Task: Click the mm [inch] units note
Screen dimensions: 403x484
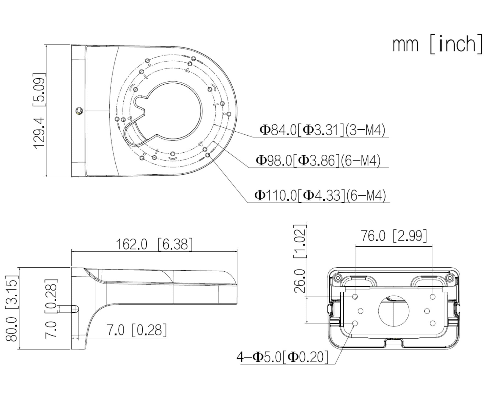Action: point(437,44)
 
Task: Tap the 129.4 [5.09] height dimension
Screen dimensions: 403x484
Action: point(39,110)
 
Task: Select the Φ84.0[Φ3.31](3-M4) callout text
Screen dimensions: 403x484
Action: point(322,130)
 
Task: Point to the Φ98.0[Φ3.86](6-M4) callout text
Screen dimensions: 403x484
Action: point(318,161)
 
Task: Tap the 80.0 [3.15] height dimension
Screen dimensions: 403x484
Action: point(12,308)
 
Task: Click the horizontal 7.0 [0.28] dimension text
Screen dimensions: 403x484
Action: point(137,330)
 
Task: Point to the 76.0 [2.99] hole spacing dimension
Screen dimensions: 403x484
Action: point(393,236)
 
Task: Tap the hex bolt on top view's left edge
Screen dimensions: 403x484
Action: point(79,110)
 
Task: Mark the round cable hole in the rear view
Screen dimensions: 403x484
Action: point(394,311)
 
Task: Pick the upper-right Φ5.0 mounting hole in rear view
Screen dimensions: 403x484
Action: point(433,297)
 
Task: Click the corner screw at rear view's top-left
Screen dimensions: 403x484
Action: point(337,278)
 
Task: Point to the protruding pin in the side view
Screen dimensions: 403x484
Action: point(75,309)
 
